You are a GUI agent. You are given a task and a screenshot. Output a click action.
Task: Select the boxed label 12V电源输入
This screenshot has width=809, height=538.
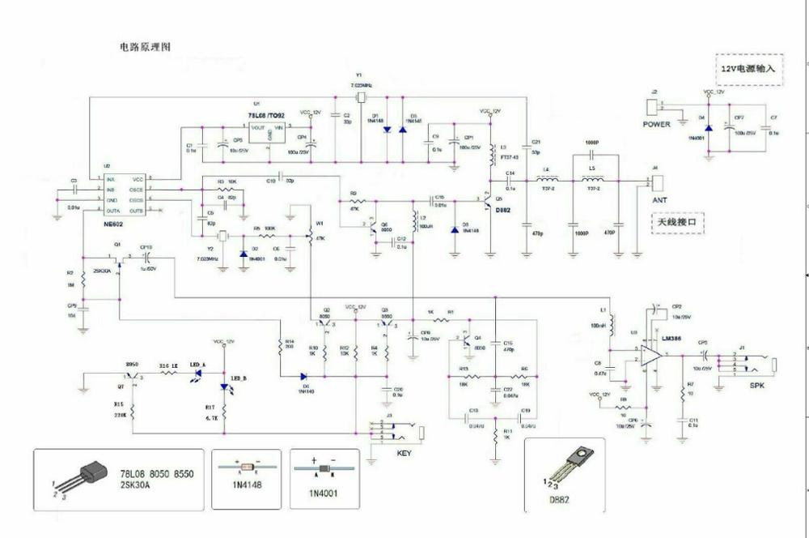point(749,69)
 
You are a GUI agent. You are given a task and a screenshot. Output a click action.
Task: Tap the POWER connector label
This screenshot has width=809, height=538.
point(656,125)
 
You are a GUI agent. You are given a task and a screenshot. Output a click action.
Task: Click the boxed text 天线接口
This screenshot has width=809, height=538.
point(677,220)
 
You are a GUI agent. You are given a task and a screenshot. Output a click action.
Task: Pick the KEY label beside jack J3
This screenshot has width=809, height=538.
point(404,453)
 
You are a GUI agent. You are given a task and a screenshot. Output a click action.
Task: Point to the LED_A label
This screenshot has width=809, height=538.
point(197,365)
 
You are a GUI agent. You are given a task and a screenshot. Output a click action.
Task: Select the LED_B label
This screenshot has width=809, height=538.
point(239,378)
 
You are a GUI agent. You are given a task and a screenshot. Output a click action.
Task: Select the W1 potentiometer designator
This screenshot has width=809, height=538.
point(320,224)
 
